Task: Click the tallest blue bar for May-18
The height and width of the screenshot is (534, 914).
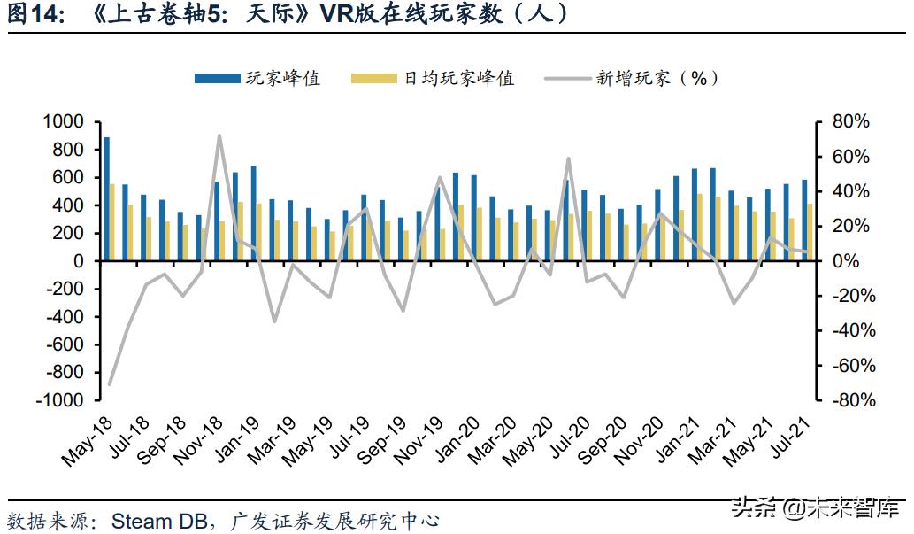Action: pyautogui.click(x=107, y=199)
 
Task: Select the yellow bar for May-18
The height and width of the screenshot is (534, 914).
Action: pyautogui.click(x=112, y=222)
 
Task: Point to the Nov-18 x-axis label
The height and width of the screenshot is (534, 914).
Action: pyautogui.click(x=196, y=442)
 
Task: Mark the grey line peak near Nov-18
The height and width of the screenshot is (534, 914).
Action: pyautogui.click(x=219, y=135)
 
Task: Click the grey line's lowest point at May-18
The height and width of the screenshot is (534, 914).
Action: pyautogui.click(x=110, y=384)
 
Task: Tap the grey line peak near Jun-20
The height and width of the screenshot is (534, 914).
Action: pyautogui.click(x=567, y=159)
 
